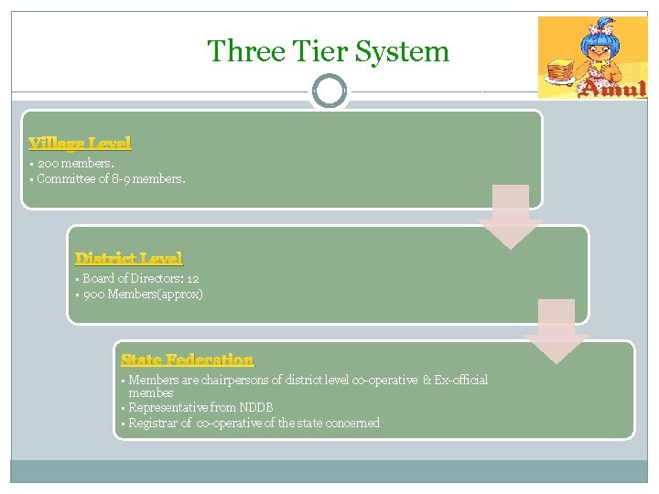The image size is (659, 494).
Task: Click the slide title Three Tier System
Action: point(328,51)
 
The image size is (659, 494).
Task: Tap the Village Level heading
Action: point(81,143)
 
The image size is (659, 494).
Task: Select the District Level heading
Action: point(128,258)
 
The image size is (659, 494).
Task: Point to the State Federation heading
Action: point(188,360)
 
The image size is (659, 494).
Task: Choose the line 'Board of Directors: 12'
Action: point(141,278)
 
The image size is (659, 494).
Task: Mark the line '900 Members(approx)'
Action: point(143,295)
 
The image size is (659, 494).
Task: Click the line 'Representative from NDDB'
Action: point(200,407)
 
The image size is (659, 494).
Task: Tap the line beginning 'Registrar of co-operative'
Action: point(254,423)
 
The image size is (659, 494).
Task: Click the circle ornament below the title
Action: point(329,91)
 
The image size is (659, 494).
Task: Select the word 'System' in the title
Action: point(407,51)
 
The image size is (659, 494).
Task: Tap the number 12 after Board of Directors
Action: point(192,278)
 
